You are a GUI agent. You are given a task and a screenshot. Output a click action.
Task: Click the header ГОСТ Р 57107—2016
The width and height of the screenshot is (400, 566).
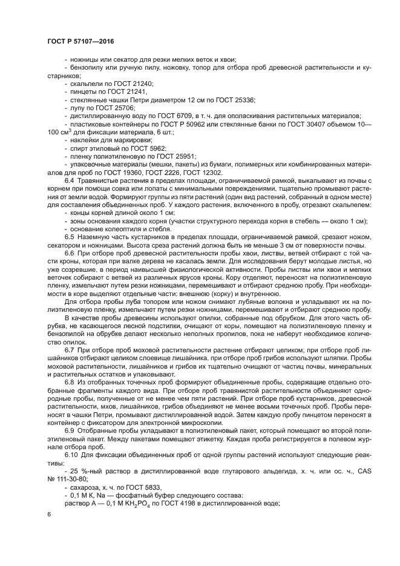pyautogui.click(x=80, y=41)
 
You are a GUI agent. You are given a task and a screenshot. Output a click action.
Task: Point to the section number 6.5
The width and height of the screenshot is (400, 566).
pyautogui.click(x=70, y=238)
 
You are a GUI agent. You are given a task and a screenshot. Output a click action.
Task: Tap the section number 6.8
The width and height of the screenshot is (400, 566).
pyautogui.click(x=70, y=384)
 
